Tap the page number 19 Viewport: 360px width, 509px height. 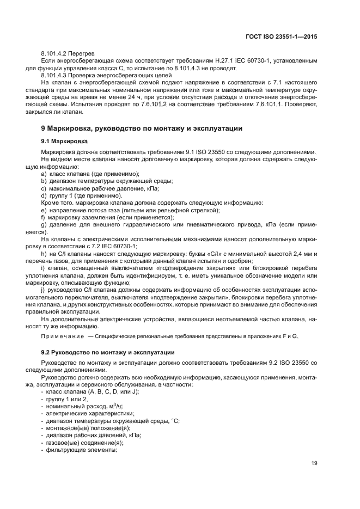click(314, 463)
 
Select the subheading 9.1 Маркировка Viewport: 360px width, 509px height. click(68, 141)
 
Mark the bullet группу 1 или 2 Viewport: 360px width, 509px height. click(66, 399)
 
